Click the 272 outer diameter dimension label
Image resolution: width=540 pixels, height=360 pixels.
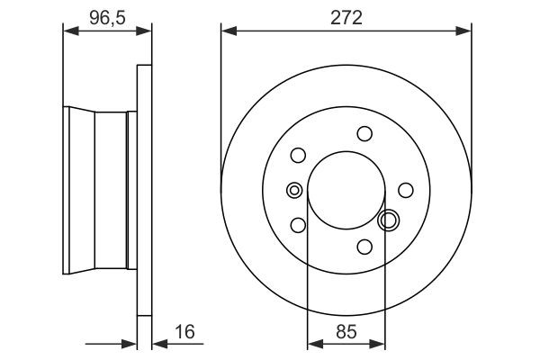(346, 16)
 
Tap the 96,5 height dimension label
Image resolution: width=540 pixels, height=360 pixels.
(106, 16)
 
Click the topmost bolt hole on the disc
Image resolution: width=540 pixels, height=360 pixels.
(364, 134)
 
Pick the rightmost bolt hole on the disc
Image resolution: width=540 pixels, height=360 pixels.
(406, 189)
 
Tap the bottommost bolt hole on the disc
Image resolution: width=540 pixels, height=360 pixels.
(364, 246)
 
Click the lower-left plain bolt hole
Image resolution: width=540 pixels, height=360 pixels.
(299, 225)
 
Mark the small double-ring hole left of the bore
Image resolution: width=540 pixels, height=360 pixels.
(293, 190)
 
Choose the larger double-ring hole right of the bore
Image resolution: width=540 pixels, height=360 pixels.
(389, 220)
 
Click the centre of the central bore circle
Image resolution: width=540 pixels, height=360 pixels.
(346, 190)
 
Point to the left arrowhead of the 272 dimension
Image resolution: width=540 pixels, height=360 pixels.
(227, 31)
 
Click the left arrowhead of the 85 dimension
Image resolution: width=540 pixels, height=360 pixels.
(313, 343)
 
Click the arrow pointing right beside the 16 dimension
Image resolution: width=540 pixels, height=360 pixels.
(128, 343)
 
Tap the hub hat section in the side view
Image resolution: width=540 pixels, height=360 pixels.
(99, 190)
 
